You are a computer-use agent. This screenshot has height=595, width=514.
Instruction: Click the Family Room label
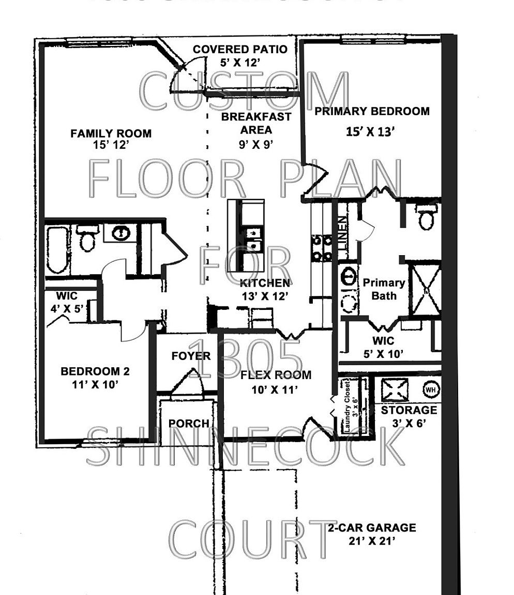tap(111, 134)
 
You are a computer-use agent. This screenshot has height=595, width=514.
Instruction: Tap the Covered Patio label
tap(239, 50)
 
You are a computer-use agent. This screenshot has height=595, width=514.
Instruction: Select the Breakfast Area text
tap(256, 123)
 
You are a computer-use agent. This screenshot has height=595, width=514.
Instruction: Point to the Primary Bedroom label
tap(372, 111)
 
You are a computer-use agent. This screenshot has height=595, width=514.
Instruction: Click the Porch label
tap(189, 424)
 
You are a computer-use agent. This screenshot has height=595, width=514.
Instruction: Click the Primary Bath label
tap(383, 289)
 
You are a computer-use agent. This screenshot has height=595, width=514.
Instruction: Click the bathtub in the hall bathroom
tap(57, 250)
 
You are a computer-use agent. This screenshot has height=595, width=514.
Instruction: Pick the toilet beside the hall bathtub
tap(87, 239)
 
